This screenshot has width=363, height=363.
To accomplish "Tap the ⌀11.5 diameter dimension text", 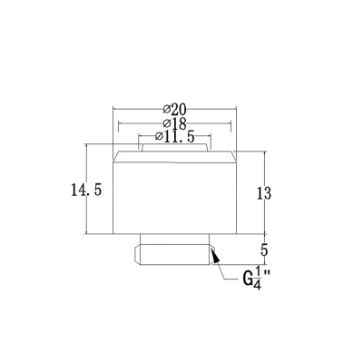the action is (174, 137).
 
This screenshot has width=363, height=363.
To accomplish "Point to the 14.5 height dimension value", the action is (86, 191).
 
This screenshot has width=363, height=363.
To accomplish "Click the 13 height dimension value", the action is (264, 193).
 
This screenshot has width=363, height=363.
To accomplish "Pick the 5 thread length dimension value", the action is (264, 250).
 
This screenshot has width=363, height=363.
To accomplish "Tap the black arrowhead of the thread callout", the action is (215, 256).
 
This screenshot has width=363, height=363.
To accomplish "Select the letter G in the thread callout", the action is (248, 280).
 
